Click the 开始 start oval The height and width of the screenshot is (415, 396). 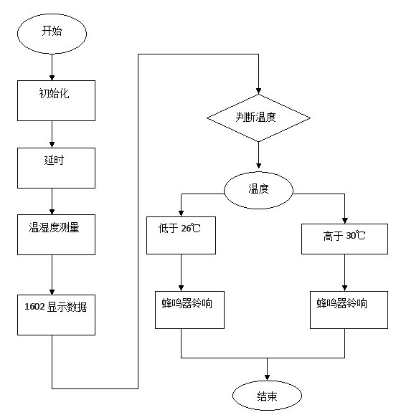(x=52, y=34)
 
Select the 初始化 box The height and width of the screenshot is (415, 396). (x=56, y=101)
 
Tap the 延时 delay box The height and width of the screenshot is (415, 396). (x=56, y=168)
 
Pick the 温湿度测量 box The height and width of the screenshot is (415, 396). (x=56, y=235)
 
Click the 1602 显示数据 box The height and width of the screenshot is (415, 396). (x=56, y=315)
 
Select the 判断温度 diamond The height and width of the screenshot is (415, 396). (x=258, y=118)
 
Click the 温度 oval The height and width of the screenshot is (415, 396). (x=258, y=190)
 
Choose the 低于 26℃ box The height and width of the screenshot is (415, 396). (x=181, y=236)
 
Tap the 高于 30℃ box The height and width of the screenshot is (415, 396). (x=344, y=239)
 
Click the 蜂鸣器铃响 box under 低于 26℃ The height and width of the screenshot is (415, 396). (x=189, y=310)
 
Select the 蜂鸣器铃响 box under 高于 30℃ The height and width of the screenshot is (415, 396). (x=349, y=310)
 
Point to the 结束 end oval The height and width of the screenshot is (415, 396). (x=267, y=396)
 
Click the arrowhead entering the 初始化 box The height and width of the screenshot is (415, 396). (x=52, y=78)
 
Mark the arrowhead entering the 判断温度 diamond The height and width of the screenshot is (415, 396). (x=258, y=91)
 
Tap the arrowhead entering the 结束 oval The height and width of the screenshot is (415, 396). (x=267, y=378)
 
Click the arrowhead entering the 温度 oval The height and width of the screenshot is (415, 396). (x=258, y=166)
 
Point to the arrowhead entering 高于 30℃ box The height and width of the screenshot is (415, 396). (x=344, y=221)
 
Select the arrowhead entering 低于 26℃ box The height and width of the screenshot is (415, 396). (x=181, y=214)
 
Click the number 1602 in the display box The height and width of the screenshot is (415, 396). (x=34, y=307)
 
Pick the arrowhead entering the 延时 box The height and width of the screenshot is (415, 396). (x=52, y=145)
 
